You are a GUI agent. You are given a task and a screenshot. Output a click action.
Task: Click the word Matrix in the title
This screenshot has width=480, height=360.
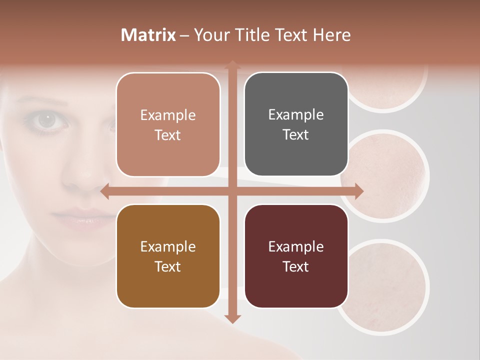click(148, 35)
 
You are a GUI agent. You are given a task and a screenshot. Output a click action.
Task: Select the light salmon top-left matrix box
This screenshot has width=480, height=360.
click(168, 124)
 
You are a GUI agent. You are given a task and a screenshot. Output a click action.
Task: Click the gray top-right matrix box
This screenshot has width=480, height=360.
click(296, 124)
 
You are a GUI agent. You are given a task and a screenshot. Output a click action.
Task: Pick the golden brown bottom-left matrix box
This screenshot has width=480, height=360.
click(168, 256)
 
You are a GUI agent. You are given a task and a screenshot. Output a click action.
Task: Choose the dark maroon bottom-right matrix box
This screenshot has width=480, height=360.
click(296, 256)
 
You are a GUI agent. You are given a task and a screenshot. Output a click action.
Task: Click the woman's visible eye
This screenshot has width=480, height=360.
click(48, 119)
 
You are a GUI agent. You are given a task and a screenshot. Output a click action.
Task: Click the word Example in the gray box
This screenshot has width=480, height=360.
click(296, 114)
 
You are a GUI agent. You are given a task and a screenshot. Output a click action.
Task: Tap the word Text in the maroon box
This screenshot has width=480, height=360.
click(296, 266)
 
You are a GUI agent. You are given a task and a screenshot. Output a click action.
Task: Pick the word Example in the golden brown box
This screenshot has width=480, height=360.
click(168, 246)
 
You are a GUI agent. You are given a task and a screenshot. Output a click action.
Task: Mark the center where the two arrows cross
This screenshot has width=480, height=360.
click(232, 191)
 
